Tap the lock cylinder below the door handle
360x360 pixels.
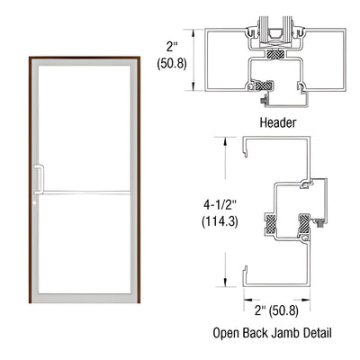37,201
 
